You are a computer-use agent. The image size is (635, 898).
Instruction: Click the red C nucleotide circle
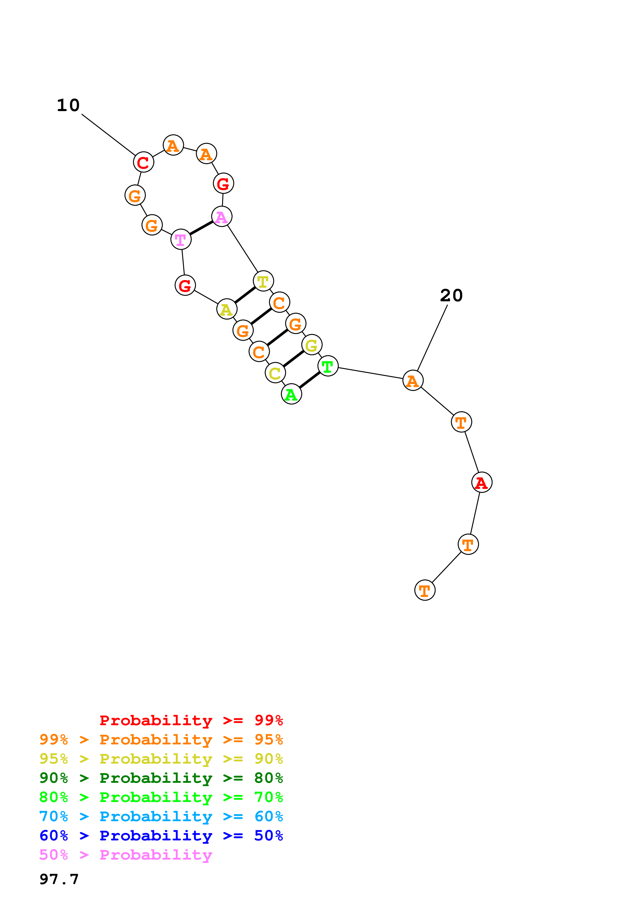pos(144,162)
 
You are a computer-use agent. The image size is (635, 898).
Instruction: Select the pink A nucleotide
pos(222,216)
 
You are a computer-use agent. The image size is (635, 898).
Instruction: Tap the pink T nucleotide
pos(181,239)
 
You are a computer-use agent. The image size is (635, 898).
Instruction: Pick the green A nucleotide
pos(291,394)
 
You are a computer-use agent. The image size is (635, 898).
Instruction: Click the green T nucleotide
pos(328,366)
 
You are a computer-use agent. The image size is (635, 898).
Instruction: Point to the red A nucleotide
pos(482,482)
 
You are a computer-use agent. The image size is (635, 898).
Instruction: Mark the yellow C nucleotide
pos(275,373)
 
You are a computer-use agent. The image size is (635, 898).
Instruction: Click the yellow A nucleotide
pos(226,309)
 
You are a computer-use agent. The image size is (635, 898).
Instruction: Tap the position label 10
pos(68,105)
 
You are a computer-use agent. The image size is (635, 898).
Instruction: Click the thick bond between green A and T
pos(309,380)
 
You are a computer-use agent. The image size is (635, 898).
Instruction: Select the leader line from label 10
pos(108,135)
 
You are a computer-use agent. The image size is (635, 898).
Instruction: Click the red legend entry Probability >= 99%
pos(191,720)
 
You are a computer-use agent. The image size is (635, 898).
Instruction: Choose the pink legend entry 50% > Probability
pos(126,854)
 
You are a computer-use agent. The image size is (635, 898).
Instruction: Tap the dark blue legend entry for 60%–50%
pos(161,836)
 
